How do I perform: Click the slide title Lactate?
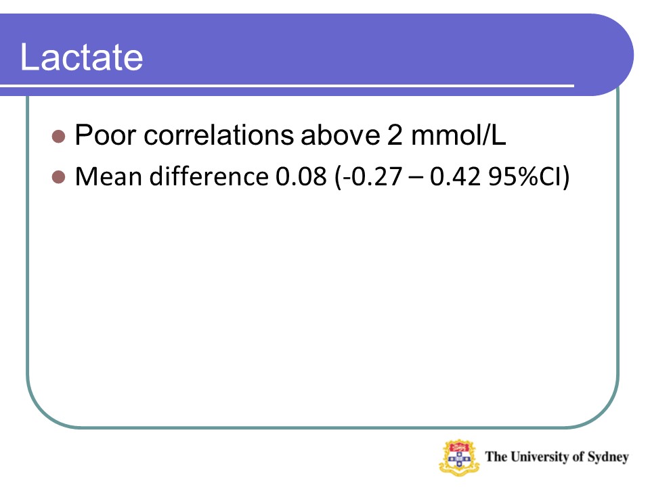pyautogui.click(x=81, y=57)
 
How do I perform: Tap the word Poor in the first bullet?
pyautogui.click(x=106, y=135)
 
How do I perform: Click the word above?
pyautogui.click(x=341, y=135)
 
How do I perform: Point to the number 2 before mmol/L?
pyautogui.click(x=395, y=135)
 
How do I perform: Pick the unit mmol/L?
pyautogui.click(x=458, y=135)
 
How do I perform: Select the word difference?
pyautogui.click(x=209, y=176)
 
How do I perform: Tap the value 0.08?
pyautogui.click(x=301, y=177)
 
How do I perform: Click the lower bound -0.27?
pyautogui.click(x=372, y=177)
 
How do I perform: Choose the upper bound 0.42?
pyautogui.click(x=455, y=177)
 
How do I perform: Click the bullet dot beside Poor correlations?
pyautogui.click(x=58, y=136)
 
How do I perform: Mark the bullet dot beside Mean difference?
pyautogui.click(x=58, y=177)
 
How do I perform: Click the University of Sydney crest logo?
pyautogui.click(x=459, y=457)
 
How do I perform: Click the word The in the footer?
pyautogui.click(x=496, y=457)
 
